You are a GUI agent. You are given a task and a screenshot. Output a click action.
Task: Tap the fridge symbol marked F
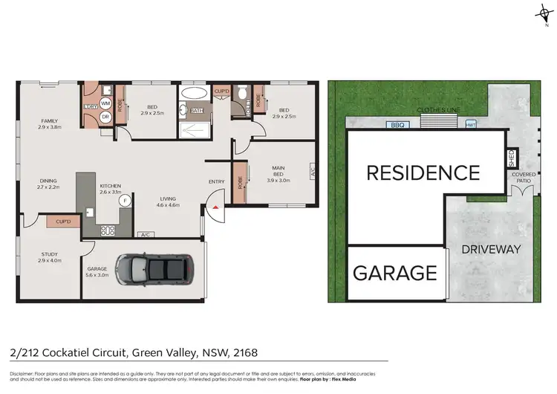click(x=125, y=200)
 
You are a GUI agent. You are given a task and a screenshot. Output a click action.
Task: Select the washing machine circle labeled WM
click(x=105, y=103)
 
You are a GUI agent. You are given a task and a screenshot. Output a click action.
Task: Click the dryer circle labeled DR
click(x=105, y=117)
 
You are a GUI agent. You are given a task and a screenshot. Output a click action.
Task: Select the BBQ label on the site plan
click(x=397, y=125)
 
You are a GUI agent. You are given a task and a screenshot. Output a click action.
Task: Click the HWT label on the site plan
click(x=471, y=125)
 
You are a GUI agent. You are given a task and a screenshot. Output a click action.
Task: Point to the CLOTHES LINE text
click(x=438, y=109)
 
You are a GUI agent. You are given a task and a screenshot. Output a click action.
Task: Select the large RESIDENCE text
click(x=423, y=172)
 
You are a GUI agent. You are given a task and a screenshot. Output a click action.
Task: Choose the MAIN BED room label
click(x=278, y=172)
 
